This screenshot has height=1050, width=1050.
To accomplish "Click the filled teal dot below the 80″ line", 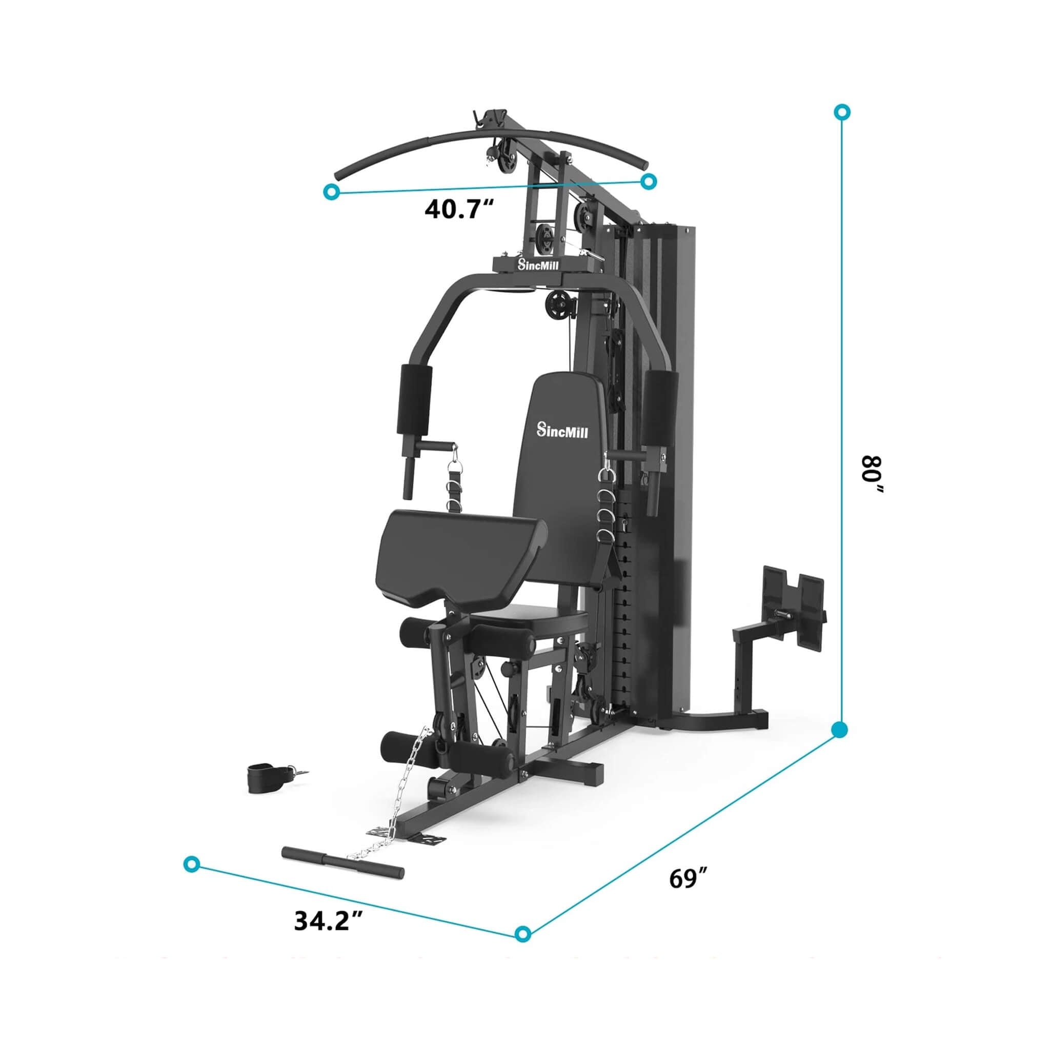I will click(x=840, y=730).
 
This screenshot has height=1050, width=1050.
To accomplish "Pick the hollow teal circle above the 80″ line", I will click(x=842, y=112).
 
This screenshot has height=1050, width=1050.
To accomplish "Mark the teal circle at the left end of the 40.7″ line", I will click(x=331, y=191).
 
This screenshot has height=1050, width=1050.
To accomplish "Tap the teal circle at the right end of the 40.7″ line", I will click(x=649, y=181).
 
